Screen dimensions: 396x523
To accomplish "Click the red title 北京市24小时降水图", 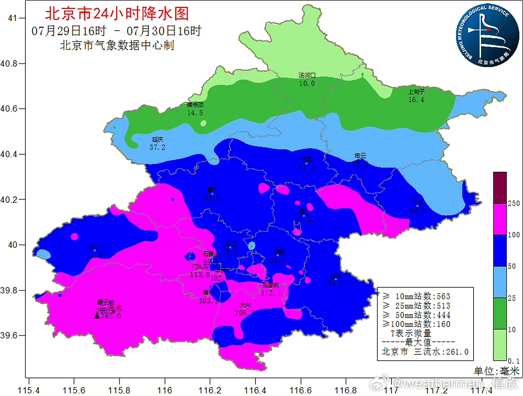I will coord(117,14).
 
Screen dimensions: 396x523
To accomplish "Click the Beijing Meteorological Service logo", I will coord(487,35).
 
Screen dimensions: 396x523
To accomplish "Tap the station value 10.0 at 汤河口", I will coord(307,84).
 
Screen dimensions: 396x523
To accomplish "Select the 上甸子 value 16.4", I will coord(416,100).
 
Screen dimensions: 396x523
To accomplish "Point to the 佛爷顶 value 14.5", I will coord(195,113).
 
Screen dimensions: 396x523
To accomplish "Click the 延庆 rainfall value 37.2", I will coord(157,148).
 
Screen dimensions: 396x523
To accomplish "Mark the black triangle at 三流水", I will coord(97,316).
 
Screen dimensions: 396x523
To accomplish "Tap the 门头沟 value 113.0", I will coord(200,275).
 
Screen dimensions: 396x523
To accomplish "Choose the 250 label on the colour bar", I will coord(514,203).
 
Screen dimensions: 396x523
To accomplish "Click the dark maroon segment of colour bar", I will coord(500,188).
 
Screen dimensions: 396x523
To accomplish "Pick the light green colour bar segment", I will coord(500,345).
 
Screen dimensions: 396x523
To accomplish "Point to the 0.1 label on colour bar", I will coord(514,361).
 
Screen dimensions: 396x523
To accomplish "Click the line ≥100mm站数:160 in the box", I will coord(416,324).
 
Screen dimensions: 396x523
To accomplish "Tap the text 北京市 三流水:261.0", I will coord(425,352).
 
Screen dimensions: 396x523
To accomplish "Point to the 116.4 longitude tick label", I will coord(255,390).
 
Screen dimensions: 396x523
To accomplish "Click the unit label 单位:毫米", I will coord(496,371).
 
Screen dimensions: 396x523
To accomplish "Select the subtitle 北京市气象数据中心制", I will coord(117,45).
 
